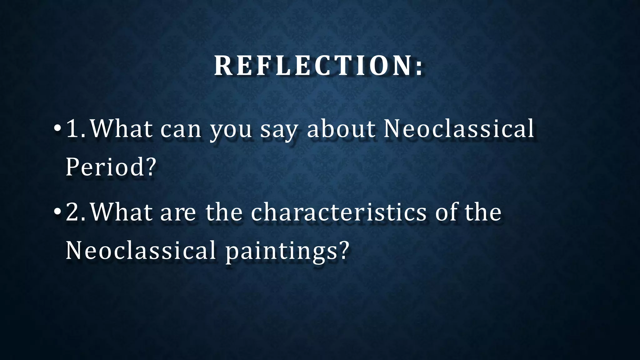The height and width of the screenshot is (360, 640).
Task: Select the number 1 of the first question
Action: point(72,129)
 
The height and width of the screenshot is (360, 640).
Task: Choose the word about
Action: point(341,129)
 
